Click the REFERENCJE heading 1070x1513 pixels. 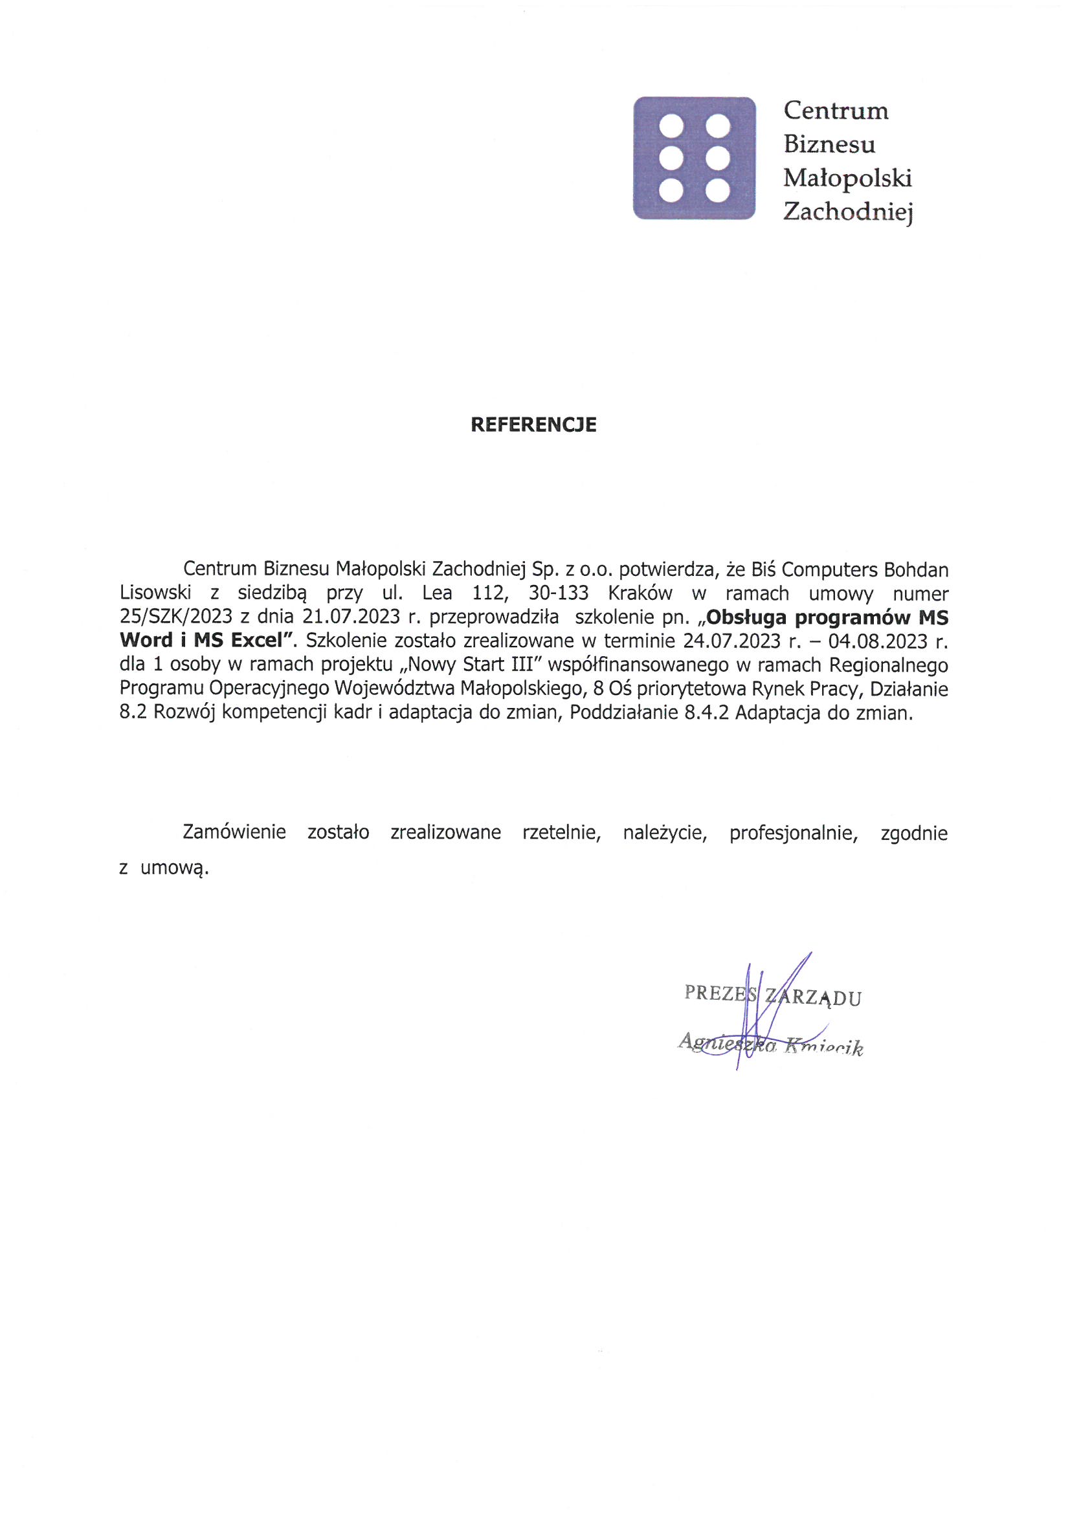533,425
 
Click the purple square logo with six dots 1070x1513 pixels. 694,158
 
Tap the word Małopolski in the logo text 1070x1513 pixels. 847,178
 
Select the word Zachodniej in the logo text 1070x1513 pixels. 847,212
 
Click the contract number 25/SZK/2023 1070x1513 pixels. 176,617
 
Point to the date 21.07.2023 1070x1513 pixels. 351,617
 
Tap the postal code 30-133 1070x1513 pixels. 559,593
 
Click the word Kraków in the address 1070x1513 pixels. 640,593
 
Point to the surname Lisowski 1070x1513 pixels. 155,593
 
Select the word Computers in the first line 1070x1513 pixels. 828,569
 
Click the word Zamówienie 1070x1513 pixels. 234,832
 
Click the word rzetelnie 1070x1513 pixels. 562,832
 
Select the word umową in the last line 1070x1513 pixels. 174,868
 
